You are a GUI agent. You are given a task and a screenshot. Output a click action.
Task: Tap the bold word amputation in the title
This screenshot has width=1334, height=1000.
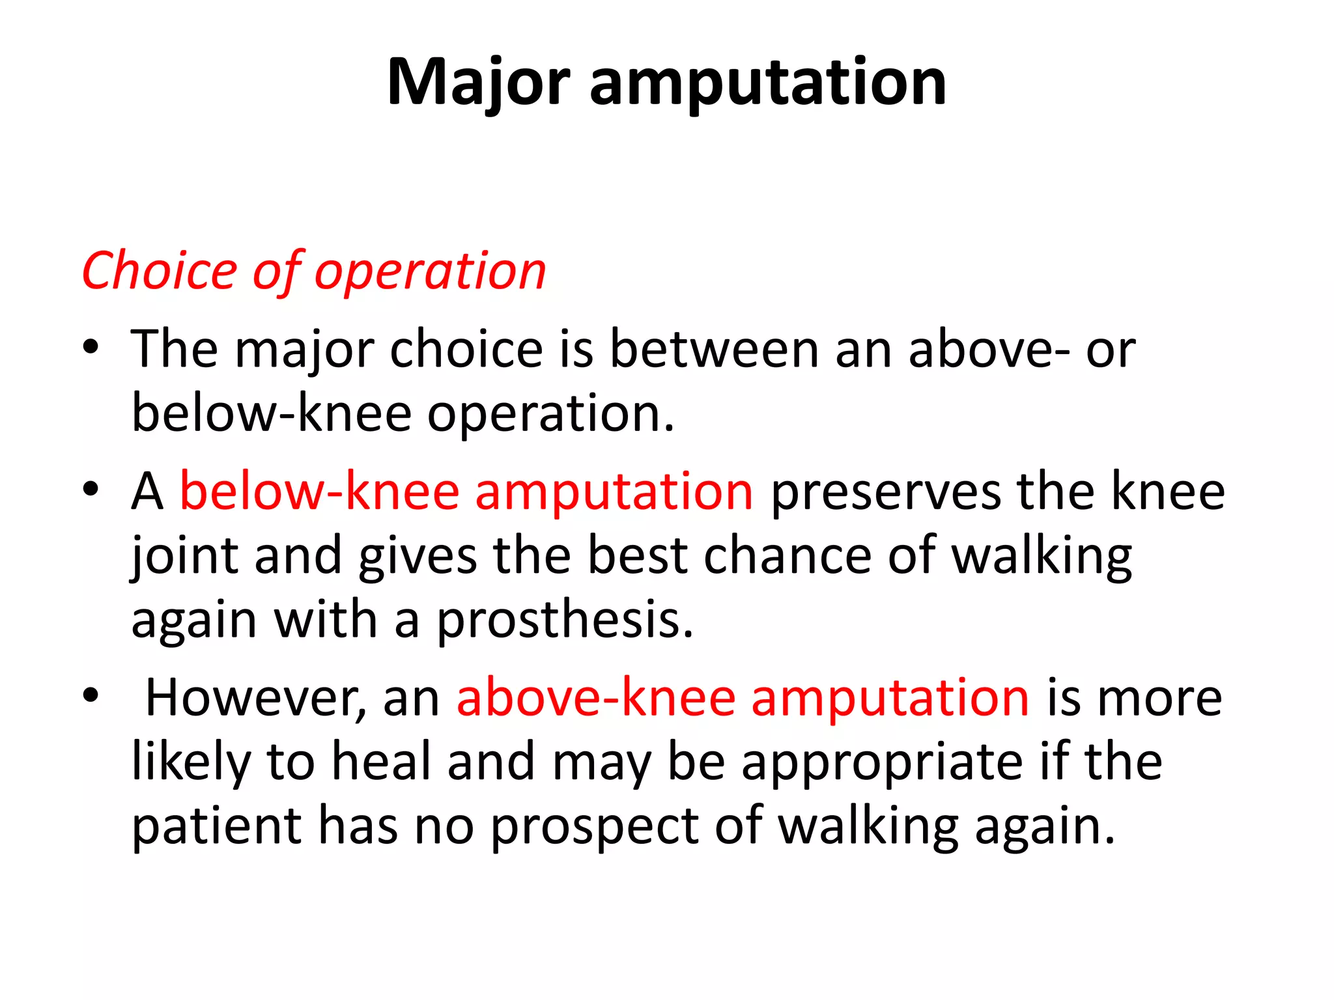(x=768, y=83)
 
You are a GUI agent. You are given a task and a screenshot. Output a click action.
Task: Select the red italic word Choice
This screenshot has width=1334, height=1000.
(x=160, y=270)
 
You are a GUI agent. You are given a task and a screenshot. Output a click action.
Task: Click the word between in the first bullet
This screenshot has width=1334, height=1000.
(x=714, y=350)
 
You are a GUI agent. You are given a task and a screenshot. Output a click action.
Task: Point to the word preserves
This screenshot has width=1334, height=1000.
(x=885, y=492)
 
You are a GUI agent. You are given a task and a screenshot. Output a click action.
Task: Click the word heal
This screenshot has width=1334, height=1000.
(x=382, y=761)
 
